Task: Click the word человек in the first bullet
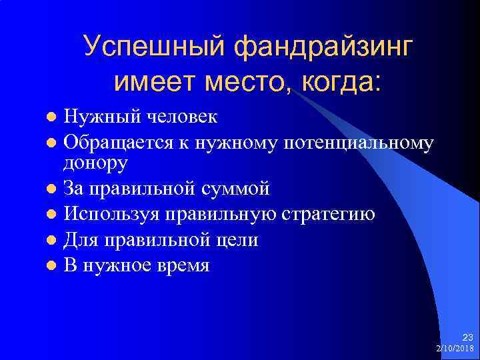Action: pos(175,117)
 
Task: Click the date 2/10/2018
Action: pos(454,349)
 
